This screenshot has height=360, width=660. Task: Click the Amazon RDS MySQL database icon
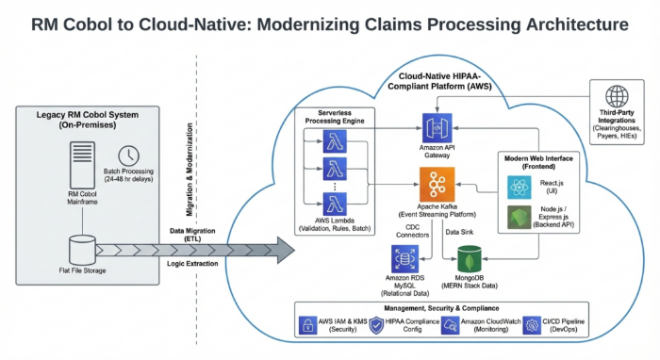pyautogui.click(x=406, y=258)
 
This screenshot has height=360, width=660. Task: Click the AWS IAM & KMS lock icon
pyautogui.click(x=306, y=325)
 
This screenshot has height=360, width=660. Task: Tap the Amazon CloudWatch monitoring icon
pyautogui.click(x=455, y=325)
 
